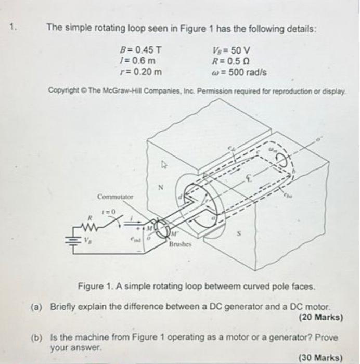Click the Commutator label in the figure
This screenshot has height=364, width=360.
[x=115, y=197]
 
